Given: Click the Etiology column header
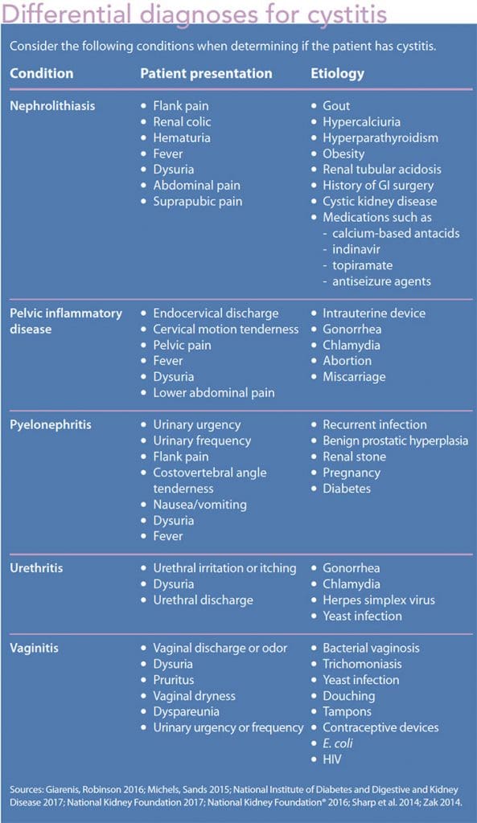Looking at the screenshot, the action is (337, 73).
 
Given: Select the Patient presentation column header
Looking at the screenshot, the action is (206, 73).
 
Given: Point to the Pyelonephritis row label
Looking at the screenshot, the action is (50, 424).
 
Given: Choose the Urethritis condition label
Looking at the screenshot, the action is (36, 568).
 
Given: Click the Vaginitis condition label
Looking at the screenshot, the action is (35, 648).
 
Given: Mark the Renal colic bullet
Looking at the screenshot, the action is (185, 121).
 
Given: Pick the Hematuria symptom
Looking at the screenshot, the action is (182, 137).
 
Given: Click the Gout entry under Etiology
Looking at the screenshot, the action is (336, 105).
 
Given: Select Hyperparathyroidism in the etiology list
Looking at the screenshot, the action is (380, 137).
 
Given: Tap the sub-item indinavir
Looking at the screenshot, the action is (356, 249).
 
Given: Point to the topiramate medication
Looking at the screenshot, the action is (363, 265).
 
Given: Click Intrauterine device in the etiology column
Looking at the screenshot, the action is (374, 313).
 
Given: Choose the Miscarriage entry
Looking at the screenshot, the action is (354, 377).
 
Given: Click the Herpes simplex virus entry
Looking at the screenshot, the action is (379, 600).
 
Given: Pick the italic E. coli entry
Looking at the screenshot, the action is (338, 743).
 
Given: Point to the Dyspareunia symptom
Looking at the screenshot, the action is (186, 711).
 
